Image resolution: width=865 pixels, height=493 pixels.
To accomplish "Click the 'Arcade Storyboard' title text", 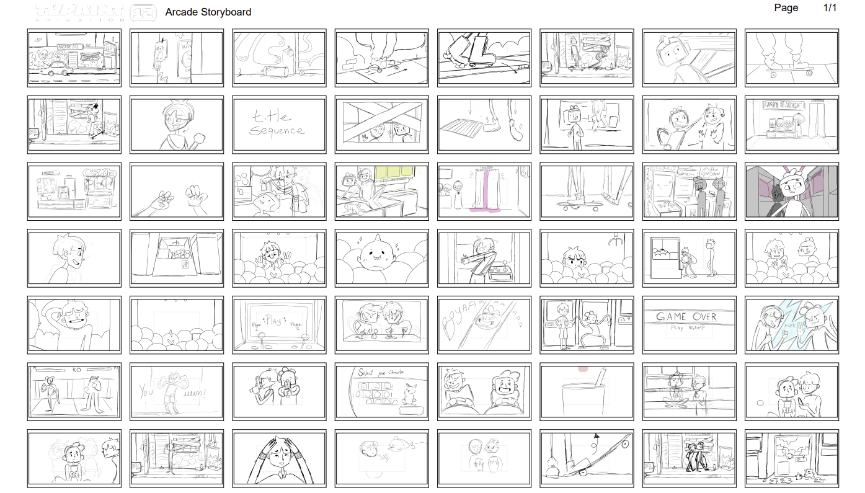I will (208, 12).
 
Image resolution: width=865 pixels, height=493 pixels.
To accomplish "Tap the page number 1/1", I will (830, 8).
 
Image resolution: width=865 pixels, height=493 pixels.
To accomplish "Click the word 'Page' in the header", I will (786, 8).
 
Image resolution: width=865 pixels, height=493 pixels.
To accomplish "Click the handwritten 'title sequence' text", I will (277, 123).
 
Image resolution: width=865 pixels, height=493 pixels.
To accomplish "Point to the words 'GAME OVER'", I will (686, 316).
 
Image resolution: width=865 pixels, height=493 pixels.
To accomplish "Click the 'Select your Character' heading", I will (381, 372).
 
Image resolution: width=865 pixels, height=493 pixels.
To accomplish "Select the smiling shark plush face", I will (379, 255).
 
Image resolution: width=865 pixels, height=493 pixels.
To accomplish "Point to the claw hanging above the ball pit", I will (615, 240).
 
